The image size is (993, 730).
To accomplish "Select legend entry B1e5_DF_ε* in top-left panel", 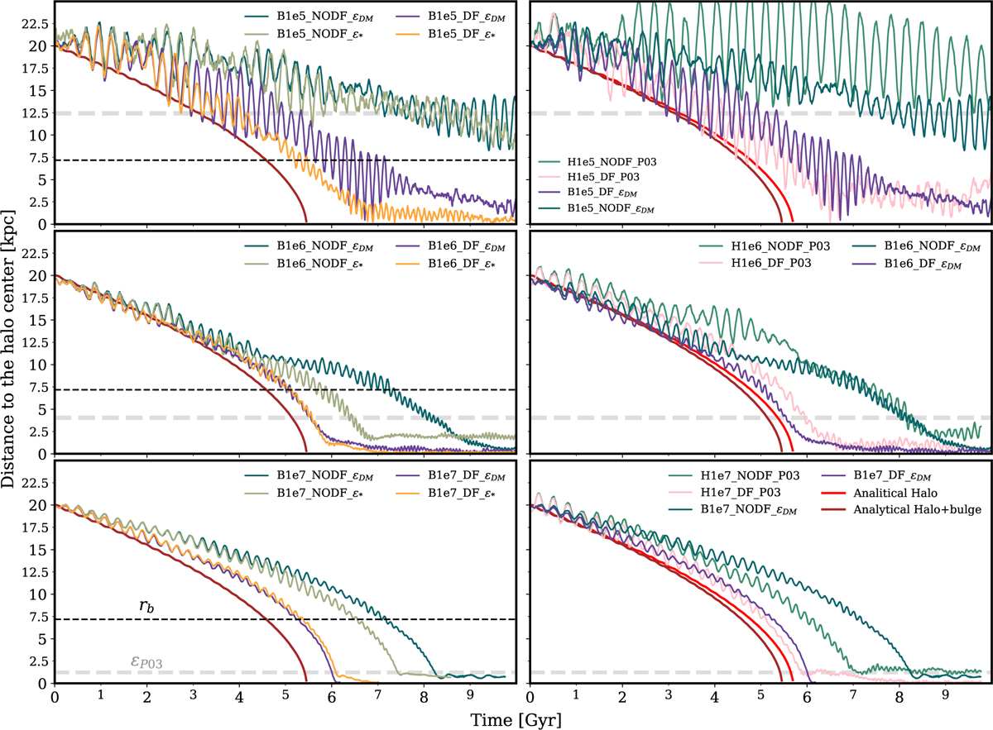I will [467, 36].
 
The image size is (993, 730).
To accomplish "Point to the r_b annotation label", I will [148, 608].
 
